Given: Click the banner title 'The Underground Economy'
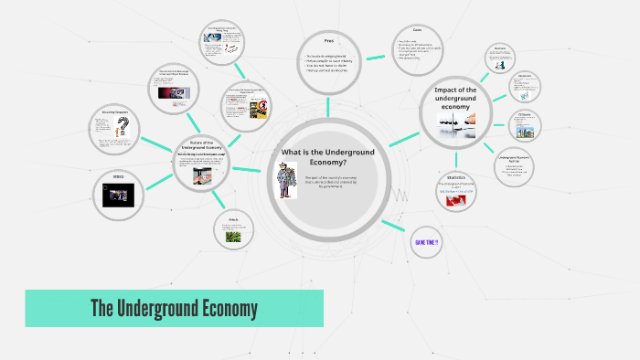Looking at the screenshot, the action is pyautogui.click(x=174, y=308).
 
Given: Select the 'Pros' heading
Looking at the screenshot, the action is pyautogui.click(x=329, y=40).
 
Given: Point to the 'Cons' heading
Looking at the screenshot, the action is pyautogui.click(x=416, y=30).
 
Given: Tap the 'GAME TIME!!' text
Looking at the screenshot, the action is pyautogui.click(x=427, y=241).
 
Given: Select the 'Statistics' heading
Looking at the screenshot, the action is pyautogui.click(x=456, y=176).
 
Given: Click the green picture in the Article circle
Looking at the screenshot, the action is pyautogui.click(x=232, y=235).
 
